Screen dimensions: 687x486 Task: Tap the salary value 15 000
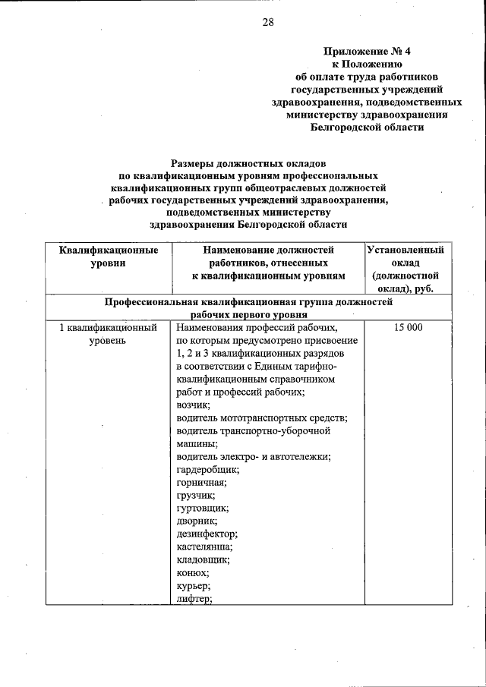407,328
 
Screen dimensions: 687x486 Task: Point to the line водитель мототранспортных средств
261,418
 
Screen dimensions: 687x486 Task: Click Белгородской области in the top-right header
367,128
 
